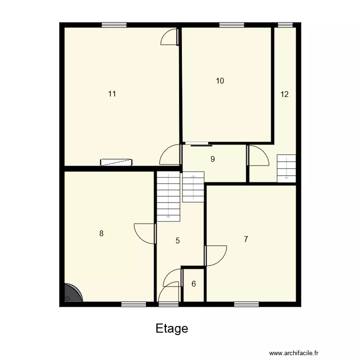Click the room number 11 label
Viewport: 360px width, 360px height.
click(112, 94)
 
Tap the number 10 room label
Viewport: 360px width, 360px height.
click(220, 81)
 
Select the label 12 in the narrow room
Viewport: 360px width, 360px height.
click(285, 94)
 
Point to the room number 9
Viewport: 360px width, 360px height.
click(213, 159)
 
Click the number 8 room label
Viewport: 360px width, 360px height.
click(101, 234)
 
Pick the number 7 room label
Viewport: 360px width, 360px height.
click(246, 239)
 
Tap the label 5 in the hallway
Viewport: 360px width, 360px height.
click(178, 241)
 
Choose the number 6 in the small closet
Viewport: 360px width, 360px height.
click(193, 284)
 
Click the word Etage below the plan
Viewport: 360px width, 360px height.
click(172, 329)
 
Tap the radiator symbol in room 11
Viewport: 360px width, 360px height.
click(116, 162)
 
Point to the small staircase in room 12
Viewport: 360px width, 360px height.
click(286, 168)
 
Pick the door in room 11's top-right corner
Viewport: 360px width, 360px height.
click(170, 37)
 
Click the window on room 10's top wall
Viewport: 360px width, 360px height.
click(231, 25)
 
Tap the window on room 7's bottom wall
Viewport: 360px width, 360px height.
click(246, 304)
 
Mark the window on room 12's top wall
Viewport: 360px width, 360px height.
click(286, 25)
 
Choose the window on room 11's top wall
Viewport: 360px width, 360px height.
click(114, 25)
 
